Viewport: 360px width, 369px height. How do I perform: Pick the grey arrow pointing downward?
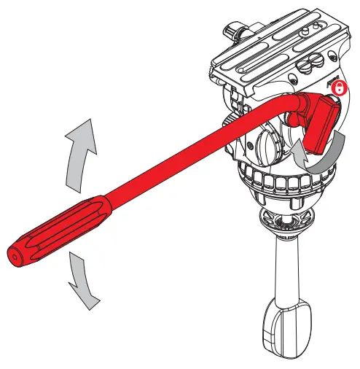point(82,280)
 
